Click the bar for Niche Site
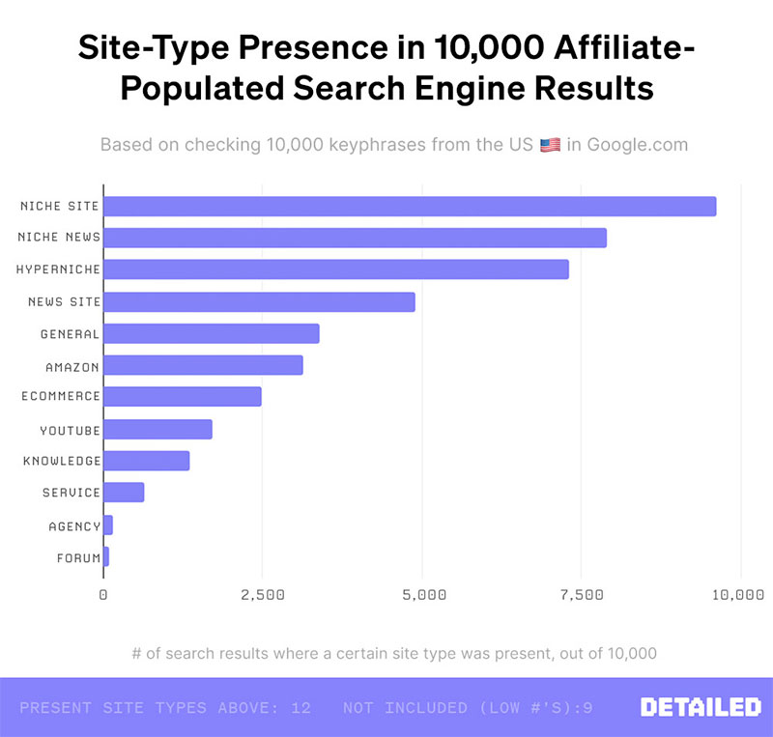point(410,207)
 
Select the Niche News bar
point(355,238)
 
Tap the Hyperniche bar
point(336,269)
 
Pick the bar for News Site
point(259,302)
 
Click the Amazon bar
point(203,365)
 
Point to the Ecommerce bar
point(183,396)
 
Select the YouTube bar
point(157,430)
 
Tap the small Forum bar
point(106,556)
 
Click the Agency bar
point(108,525)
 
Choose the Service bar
point(124,493)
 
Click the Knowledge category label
point(62,462)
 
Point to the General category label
point(70,334)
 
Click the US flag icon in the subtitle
point(550,146)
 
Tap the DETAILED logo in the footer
point(701,708)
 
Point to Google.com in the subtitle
point(638,145)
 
